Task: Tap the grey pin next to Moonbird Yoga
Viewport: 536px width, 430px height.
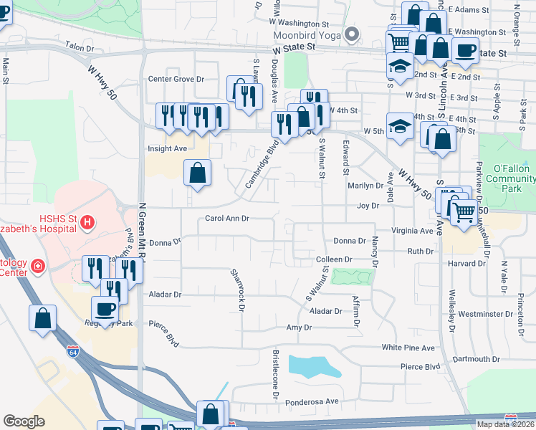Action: [x=351, y=34]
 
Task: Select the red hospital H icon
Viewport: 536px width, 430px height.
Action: [x=87, y=223]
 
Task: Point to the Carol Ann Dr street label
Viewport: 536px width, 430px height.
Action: [x=226, y=218]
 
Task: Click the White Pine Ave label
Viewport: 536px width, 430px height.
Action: [x=408, y=348]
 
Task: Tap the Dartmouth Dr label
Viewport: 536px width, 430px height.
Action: [x=475, y=358]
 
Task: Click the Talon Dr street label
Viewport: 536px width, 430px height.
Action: [x=80, y=48]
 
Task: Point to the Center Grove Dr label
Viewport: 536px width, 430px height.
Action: [x=176, y=80]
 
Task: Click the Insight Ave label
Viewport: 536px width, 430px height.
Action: [x=167, y=148]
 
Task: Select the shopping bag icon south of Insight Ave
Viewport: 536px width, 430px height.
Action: [x=197, y=173]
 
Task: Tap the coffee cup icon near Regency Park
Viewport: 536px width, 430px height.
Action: [x=105, y=309]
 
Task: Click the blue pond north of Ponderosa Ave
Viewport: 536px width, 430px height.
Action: [x=313, y=365]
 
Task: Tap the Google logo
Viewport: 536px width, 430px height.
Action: [x=24, y=421]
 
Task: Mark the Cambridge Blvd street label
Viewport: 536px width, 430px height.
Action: [x=262, y=163]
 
